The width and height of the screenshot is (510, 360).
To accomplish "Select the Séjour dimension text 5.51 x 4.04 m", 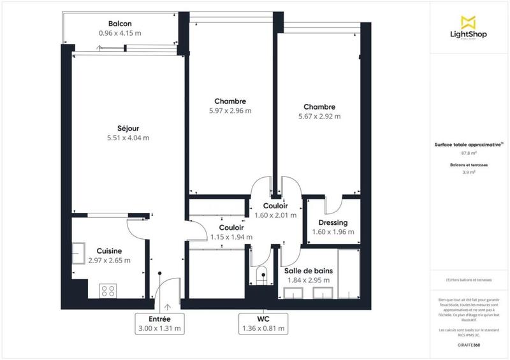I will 128,138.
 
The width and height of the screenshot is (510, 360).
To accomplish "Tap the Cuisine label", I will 109,251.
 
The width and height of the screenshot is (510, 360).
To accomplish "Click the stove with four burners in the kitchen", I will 108,291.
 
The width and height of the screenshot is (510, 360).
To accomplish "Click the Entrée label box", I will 159,323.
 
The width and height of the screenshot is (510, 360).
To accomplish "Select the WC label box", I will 263,323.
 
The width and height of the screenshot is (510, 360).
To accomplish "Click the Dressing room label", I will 333,222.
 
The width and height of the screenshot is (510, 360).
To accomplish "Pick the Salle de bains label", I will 308,270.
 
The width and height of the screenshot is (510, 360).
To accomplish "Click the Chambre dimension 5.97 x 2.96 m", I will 230,111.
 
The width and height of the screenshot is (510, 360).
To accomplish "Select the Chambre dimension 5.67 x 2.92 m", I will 319,117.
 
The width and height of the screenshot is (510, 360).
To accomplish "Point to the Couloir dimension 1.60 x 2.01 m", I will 275,216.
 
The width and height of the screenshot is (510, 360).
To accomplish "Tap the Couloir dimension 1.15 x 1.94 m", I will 231,237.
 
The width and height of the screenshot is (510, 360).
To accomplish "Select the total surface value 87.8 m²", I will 469,153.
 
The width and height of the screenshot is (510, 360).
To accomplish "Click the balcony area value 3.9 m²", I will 469,173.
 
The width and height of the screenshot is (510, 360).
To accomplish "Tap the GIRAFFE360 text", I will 469,345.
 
